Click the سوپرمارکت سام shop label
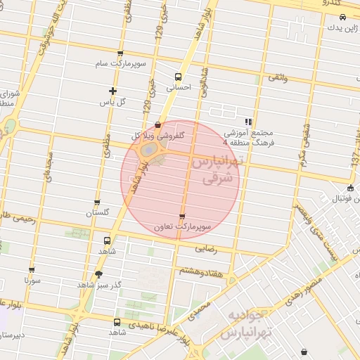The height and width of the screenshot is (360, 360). [x=121, y=64]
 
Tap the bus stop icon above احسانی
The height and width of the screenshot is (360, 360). [x=177, y=77]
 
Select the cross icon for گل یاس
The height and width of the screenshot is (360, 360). [x=112, y=91]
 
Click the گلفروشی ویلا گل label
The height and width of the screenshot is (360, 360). [x=158, y=135]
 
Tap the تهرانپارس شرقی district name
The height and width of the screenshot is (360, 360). [x=216, y=170]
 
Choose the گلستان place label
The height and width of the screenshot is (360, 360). [x=98, y=212]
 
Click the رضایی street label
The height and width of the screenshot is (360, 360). [x=217, y=247]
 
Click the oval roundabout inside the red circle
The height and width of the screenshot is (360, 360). [x=149, y=150]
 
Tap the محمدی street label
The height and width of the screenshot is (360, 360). [x=200, y=309]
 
